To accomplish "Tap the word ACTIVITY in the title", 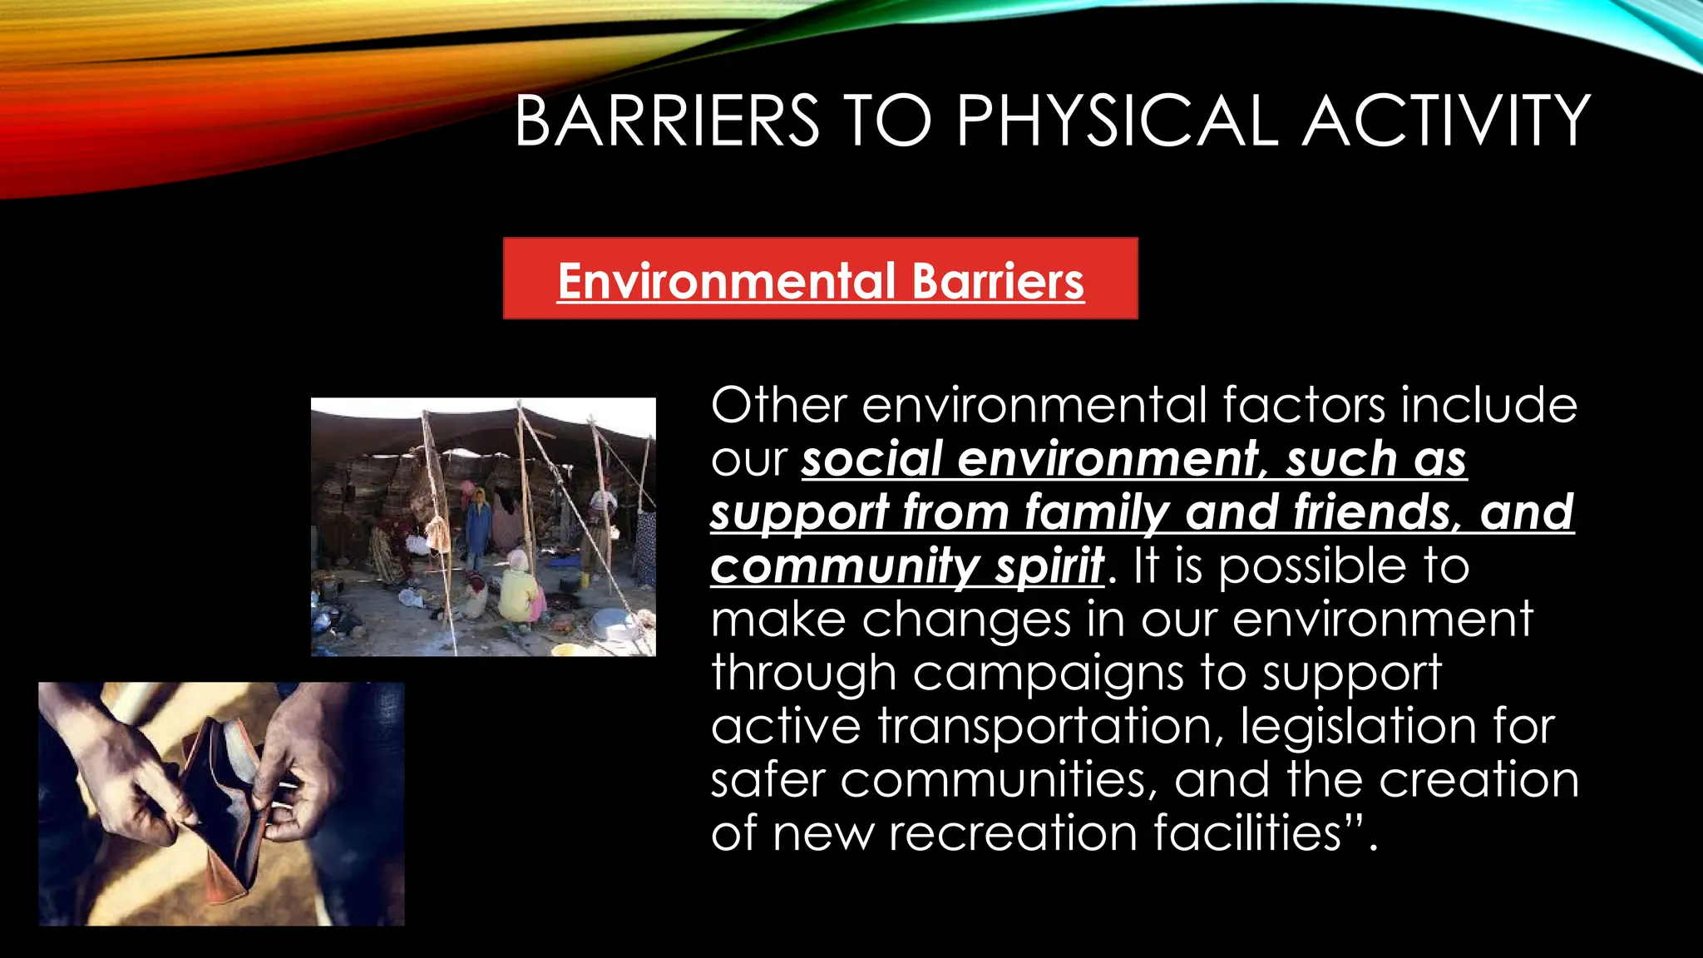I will (1446, 121).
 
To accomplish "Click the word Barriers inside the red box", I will (998, 281).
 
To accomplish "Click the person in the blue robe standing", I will (478, 528).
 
